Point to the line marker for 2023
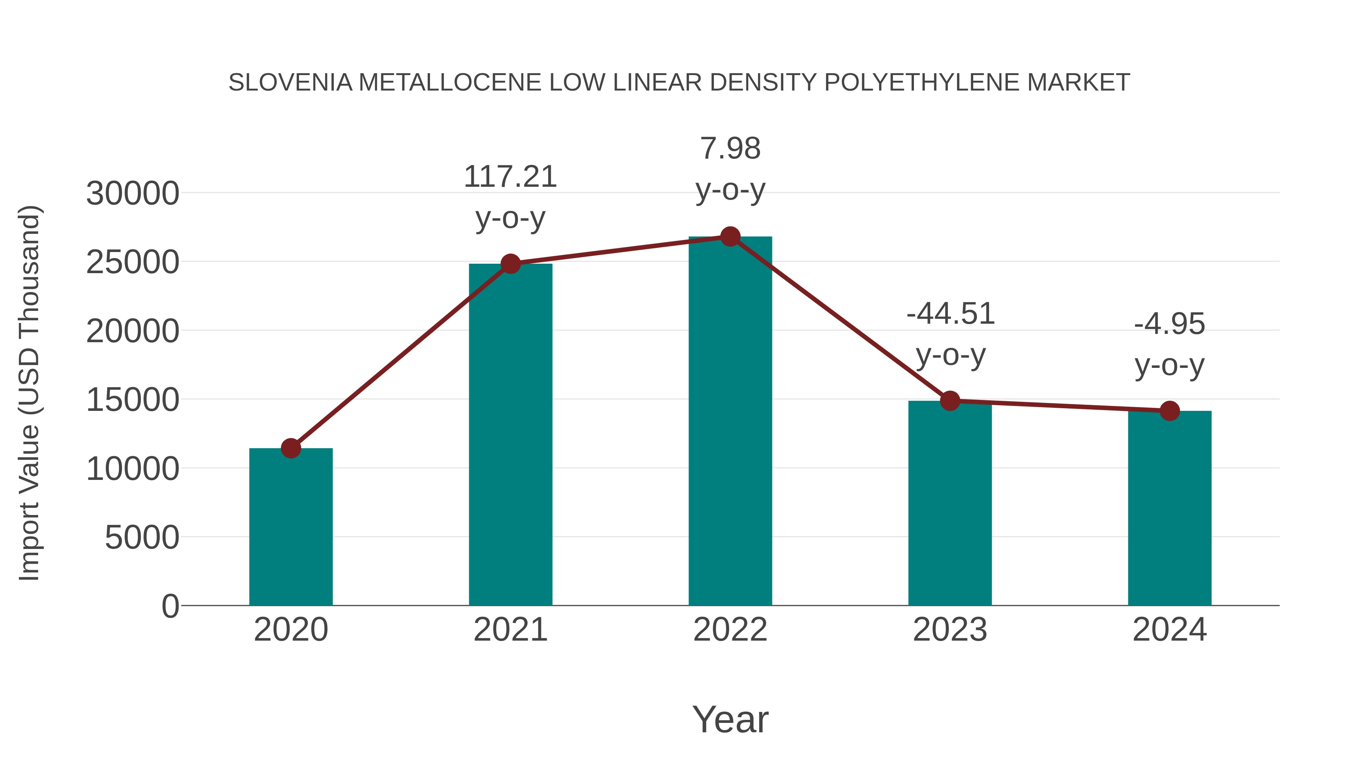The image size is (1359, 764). tap(950, 401)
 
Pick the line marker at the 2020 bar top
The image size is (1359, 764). tap(291, 448)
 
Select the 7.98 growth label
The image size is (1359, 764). tap(730, 149)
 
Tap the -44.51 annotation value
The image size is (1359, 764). tap(950, 314)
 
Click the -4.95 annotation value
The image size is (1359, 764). tap(1169, 324)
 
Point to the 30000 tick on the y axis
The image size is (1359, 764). tap(133, 194)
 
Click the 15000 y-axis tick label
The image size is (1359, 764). tap(133, 400)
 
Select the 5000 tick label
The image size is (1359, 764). tap(142, 537)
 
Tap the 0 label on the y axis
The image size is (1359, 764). tap(170, 606)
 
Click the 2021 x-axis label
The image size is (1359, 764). tap(510, 630)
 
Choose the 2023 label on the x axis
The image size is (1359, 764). tap(950, 630)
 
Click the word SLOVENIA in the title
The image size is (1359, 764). tap(290, 83)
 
